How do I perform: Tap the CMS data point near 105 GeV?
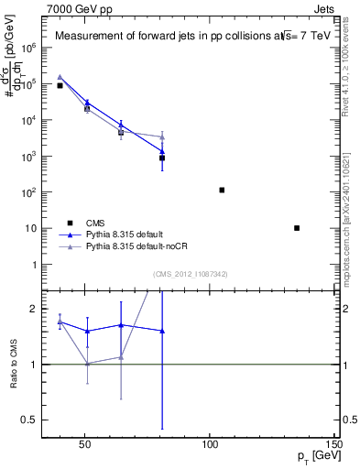(x=222, y=190)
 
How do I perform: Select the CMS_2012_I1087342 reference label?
(x=190, y=274)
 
